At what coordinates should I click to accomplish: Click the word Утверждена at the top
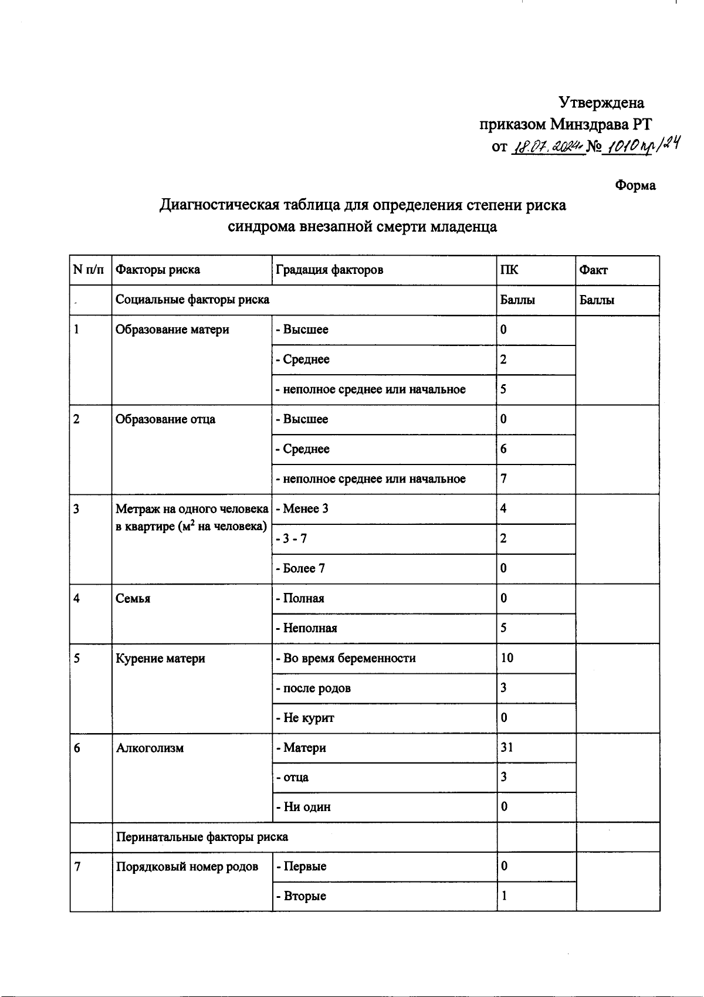(601, 103)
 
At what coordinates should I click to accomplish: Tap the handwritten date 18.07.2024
(547, 147)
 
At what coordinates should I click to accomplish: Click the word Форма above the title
(635, 186)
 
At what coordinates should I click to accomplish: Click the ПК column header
(509, 270)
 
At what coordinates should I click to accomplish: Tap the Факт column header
(593, 270)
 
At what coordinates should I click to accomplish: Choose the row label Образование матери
(172, 330)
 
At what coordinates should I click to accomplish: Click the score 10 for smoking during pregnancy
(507, 658)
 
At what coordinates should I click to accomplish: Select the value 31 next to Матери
(507, 748)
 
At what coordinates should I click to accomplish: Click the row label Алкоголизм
(150, 748)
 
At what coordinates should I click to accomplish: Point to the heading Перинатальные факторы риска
(202, 837)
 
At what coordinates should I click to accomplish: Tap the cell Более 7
(304, 568)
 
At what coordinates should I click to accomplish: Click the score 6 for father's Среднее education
(503, 449)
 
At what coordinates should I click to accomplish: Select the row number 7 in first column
(77, 866)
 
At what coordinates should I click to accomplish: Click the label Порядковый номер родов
(187, 866)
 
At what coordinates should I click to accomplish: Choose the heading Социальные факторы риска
(192, 300)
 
